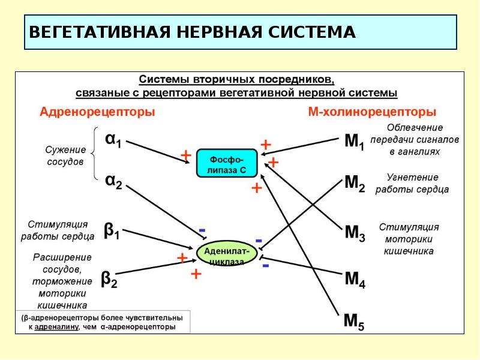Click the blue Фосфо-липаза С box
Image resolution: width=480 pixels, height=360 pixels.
pyautogui.click(x=226, y=163)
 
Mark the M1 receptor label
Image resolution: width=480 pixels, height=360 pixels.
pyautogui.click(x=353, y=142)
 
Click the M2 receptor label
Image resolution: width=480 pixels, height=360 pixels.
pyautogui.click(x=353, y=184)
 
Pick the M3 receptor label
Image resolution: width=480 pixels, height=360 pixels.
pyautogui.click(x=354, y=233)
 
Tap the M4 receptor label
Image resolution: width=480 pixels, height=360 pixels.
pyautogui.click(x=354, y=280)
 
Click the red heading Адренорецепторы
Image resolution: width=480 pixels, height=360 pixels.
pyautogui.click(x=97, y=112)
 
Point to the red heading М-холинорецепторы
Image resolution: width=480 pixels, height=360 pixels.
pyautogui.click(x=371, y=112)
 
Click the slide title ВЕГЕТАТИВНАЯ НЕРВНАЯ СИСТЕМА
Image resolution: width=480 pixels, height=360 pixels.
pyautogui.click(x=193, y=32)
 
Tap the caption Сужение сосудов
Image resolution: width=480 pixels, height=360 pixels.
pyautogui.click(x=65, y=155)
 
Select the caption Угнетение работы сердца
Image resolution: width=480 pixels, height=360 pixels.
pyautogui.click(x=412, y=184)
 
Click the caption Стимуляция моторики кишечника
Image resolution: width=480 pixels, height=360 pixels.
pyautogui.click(x=409, y=239)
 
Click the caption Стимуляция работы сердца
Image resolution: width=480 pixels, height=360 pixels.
pyautogui.click(x=58, y=230)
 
